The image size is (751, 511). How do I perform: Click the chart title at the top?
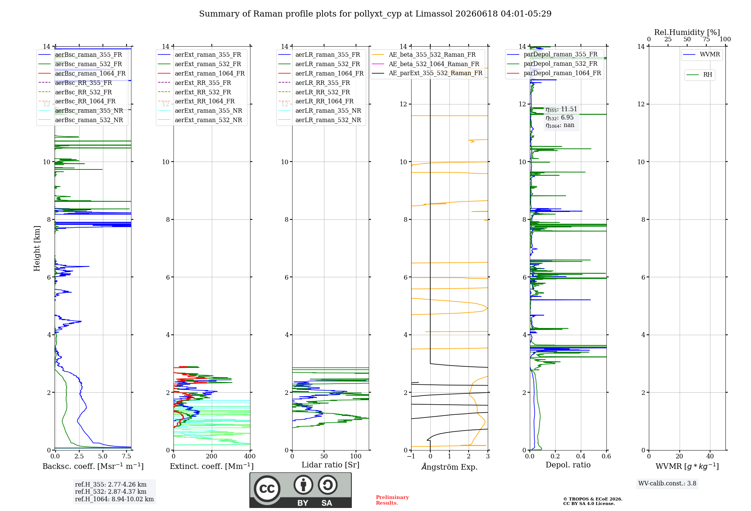click(375, 14)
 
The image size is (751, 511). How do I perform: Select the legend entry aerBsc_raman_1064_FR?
click(90, 74)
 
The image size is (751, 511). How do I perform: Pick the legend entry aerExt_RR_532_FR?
click(203, 92)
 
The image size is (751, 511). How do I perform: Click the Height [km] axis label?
click(37, 248)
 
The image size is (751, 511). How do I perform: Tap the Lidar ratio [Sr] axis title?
click(330, 465)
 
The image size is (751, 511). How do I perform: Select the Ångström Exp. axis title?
click(449, 467)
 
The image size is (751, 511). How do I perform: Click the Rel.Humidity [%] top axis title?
click(687, 32)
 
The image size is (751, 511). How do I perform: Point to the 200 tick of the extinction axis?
click(212, 457)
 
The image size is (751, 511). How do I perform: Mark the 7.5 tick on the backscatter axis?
click(127, 457)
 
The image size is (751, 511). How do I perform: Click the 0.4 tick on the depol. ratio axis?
click(581, 457)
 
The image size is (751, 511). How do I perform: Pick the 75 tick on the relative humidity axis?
click(706, 39)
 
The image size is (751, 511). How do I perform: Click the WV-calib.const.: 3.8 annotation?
click(667, 484)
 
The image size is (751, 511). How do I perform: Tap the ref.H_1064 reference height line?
click(115, 499)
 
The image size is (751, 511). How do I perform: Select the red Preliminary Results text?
click(392, 500)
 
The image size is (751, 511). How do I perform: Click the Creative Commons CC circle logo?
click(267, 489)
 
